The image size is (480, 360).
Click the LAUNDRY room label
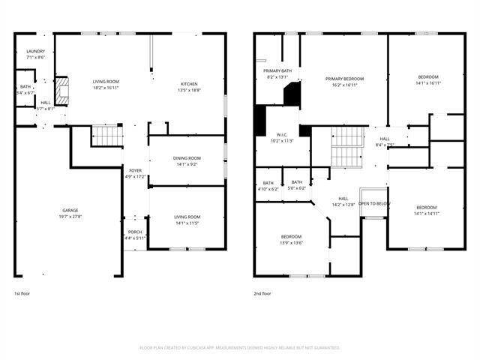pos(35,51)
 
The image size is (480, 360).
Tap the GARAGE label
pos(70,210)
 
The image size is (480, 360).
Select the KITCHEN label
pos(189,83)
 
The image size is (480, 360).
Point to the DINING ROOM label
pos(187,158)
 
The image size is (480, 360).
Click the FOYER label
pos(135,171)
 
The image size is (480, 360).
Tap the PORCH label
pos(135,232)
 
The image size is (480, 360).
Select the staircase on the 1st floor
pos(106,136)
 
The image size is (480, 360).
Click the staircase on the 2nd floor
pos(346,148)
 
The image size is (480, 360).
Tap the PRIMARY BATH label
pos(277,70)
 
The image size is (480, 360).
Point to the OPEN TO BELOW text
pos(373,204)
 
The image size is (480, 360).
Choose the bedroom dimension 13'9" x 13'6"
pos(292,242)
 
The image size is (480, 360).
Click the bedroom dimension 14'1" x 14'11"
pos(426,213)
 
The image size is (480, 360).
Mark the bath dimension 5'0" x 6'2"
pos(297,188)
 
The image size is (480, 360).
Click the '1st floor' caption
pos(22,293)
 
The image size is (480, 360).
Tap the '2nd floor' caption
pos(263,293)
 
